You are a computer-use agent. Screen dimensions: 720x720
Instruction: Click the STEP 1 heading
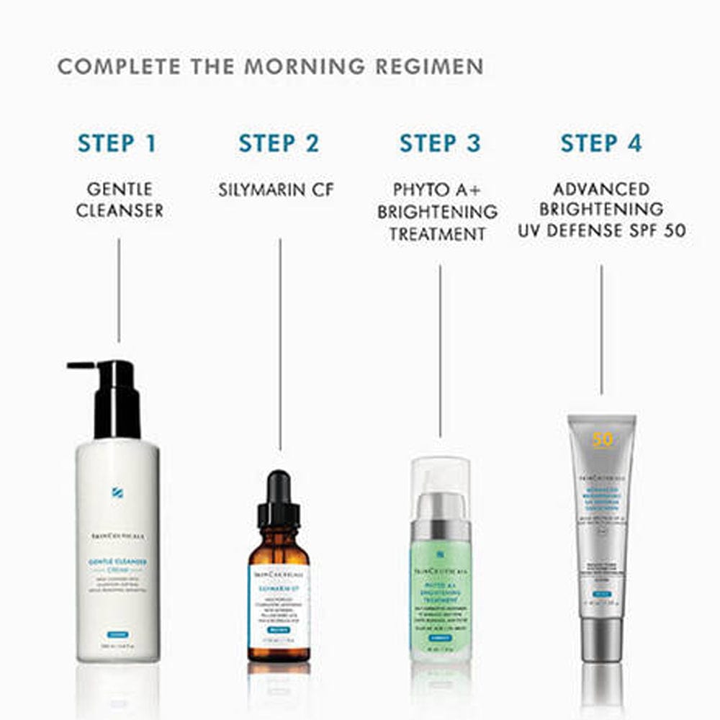click(117, 143)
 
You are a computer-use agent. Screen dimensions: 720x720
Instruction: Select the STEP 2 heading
click(279, 143)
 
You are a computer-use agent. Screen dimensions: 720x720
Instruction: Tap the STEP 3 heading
click(440, 143)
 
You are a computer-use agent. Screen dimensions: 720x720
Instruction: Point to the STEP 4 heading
click(601, 143)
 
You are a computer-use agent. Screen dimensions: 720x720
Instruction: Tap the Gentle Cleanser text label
click(120, 199)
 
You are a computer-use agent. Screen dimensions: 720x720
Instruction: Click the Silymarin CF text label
click(276, 190)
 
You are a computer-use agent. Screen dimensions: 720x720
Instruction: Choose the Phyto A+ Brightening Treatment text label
click(438, 212)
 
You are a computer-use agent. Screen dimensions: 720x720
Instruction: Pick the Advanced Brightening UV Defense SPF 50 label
click(601, 210)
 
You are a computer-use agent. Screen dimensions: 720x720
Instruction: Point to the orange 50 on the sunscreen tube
click(601, 439)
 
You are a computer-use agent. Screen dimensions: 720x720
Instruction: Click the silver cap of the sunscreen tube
click(601, 637)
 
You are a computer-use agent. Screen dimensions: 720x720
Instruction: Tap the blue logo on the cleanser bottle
click(117, 492)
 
